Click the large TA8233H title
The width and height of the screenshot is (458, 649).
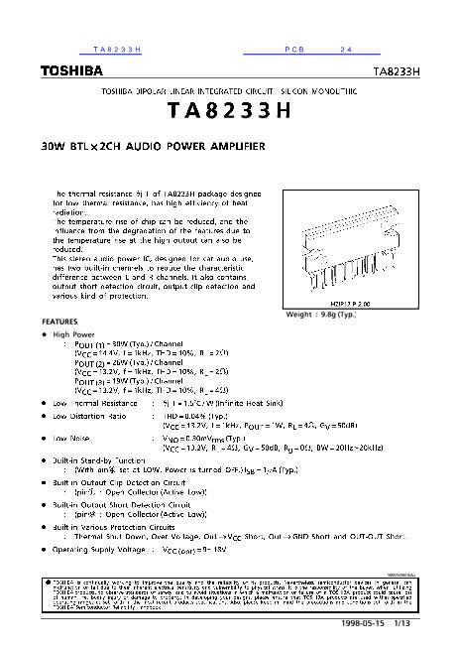(230, 111)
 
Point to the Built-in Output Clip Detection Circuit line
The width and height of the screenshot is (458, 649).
(121, 482)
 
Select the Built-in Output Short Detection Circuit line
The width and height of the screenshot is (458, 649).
(122, 504)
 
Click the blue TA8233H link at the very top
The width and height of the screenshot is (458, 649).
(118, 49)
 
